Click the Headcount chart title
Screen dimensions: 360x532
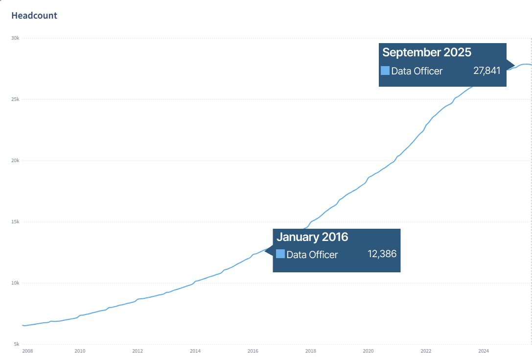tap(34, 16)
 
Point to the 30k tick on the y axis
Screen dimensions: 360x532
tap(16, 38)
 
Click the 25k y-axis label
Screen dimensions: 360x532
tap(16, 99)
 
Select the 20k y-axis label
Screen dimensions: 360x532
tap(16, 161)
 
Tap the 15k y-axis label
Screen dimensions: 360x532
tap(16, 222)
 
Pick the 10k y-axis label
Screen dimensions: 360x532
tap(16, 283)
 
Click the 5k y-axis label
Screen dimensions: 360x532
tap(17, 344)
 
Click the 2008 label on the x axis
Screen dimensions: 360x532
tap(28, 351)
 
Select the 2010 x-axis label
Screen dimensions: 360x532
tap(80, 351)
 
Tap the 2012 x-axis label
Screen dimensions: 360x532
tap(138, 351)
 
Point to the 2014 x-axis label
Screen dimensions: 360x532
tap(195, 351)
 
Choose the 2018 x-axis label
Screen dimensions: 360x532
tap(310, 351)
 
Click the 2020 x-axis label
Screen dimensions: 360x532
tap(368, 351)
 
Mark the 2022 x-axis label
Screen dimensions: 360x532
tap(426, 351)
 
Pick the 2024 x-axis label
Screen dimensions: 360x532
tap(484, 351)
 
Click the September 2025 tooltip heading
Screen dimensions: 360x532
tap(426, 52)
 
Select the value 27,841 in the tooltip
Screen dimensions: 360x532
tap(487, 71)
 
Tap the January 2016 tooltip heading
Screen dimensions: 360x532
tap(312, 237)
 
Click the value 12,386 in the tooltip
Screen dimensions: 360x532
tap(382, 254)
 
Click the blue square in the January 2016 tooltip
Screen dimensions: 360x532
tap(280, 254)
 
